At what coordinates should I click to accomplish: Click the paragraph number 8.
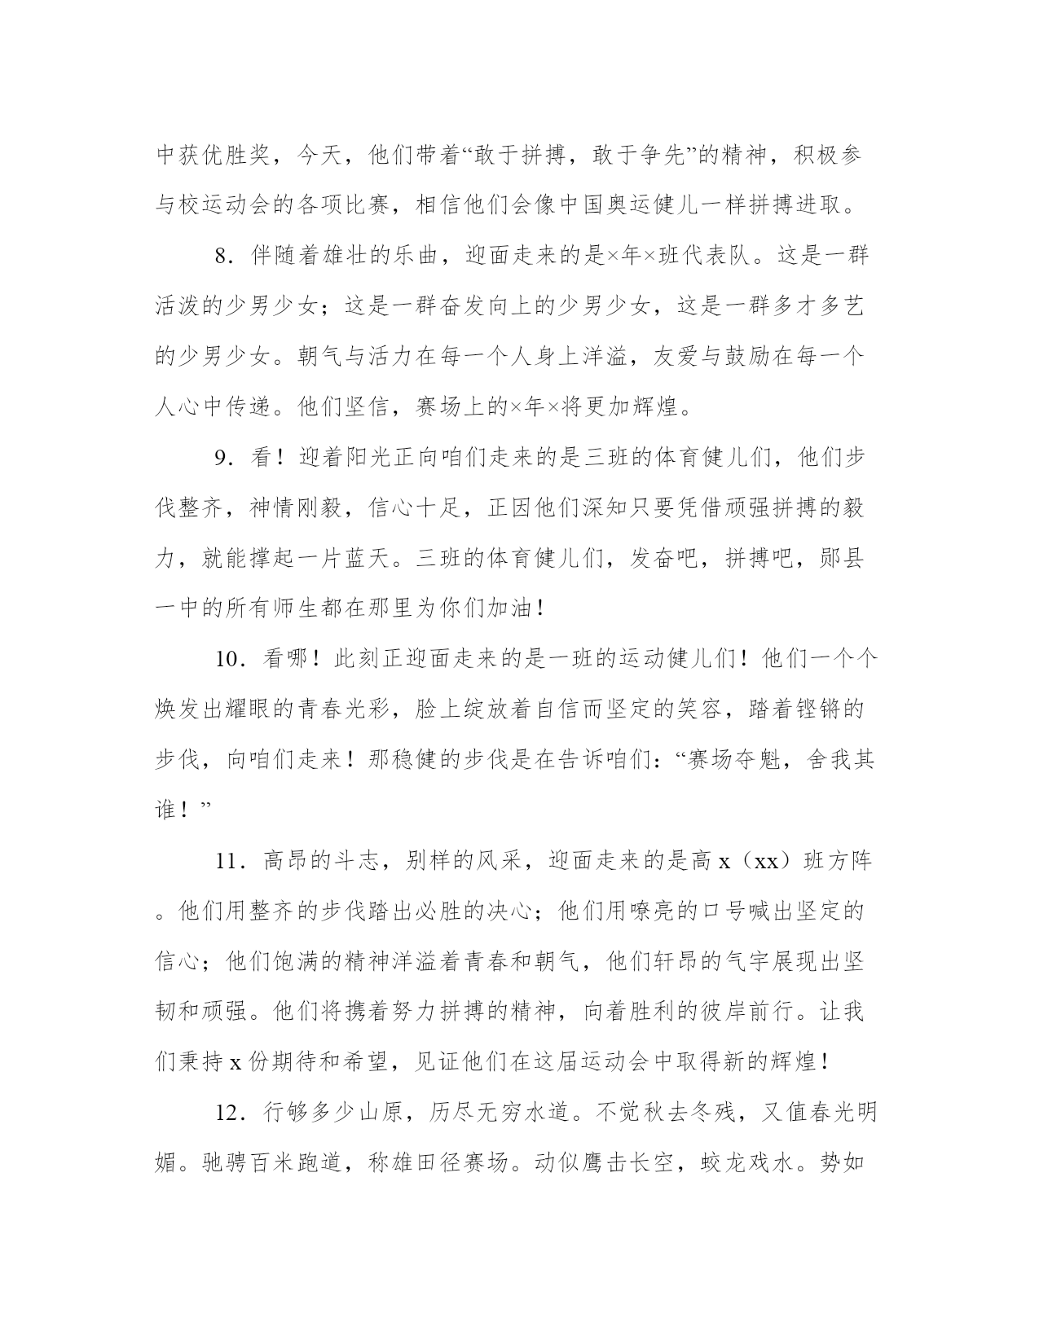click(221, 256)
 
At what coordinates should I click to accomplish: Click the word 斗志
click(354, 861)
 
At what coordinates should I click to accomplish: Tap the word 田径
click(435, 1163)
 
